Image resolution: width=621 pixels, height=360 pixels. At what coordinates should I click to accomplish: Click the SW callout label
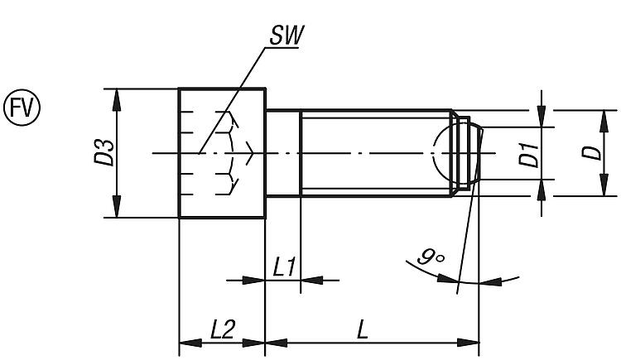pyautogui.click(x=282, y=36)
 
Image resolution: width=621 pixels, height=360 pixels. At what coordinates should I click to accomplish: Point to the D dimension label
pyautogui.click(x=589, y=153)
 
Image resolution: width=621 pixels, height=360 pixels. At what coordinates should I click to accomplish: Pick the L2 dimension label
pyautogui.click(x=221, y=329)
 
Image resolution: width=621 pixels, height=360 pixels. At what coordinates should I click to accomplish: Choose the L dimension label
pyautogui.click(x=363, y=329)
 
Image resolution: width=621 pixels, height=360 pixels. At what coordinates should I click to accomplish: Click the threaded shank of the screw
pyautogui.click(x=373, y=153)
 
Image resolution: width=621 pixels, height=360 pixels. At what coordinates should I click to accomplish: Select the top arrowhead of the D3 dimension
pyautogui.click(x=117, y=96)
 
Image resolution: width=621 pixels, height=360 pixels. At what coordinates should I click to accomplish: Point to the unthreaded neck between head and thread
pyautogui.click(x=282, y=153)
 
